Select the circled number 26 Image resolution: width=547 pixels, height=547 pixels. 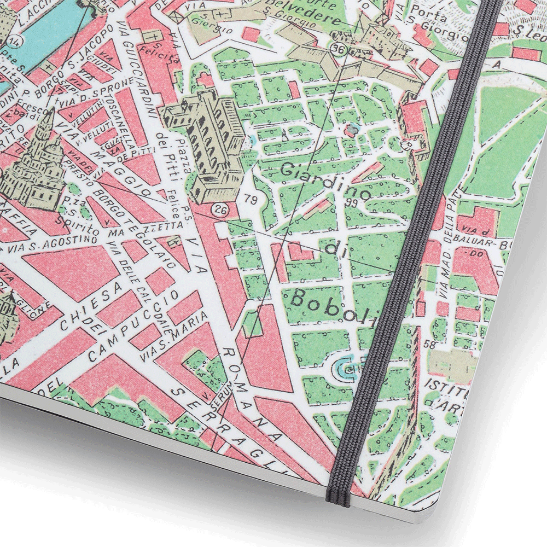click(221, 209)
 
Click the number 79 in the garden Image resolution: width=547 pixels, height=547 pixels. click(252, 198)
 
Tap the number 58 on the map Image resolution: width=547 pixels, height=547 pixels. click(430, 344)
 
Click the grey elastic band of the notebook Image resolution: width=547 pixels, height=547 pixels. click(416, 246)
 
